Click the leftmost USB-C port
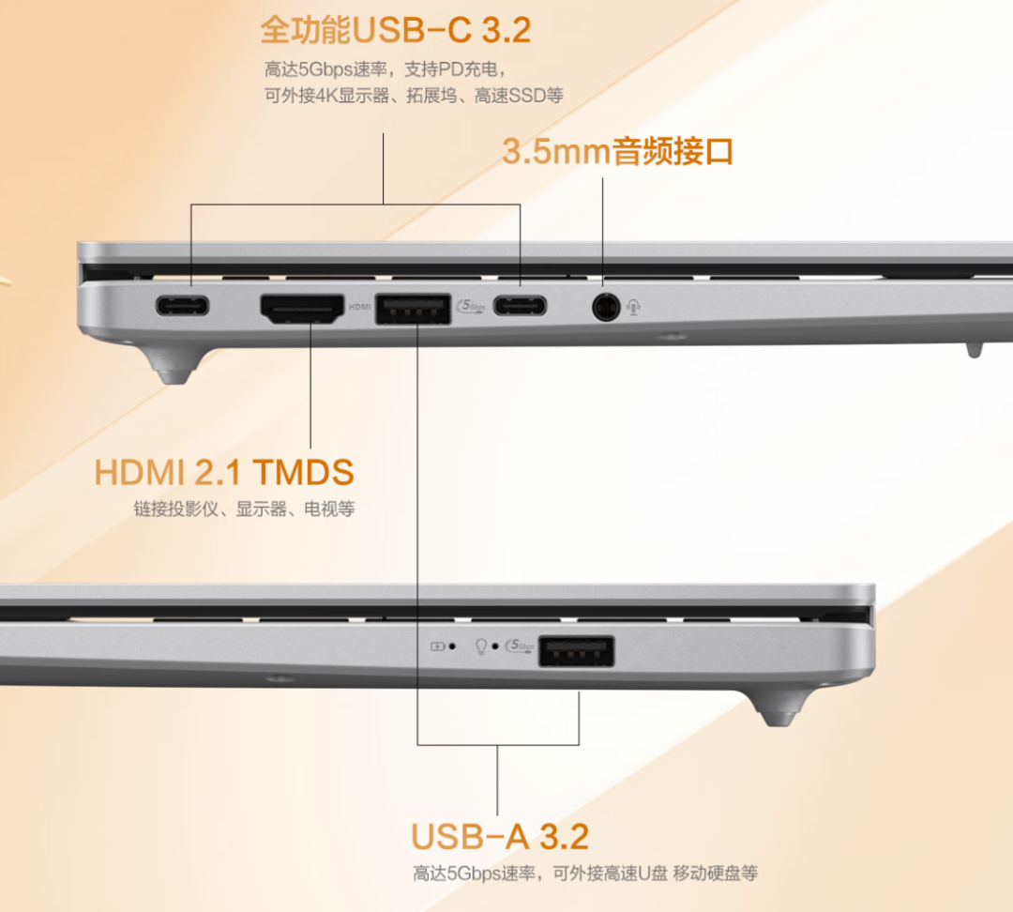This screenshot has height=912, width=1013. [182, 305]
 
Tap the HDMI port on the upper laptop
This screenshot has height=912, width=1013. [302, 309]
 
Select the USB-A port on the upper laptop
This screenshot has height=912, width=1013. [413, 309]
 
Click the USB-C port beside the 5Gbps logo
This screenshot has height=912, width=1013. [520, 305]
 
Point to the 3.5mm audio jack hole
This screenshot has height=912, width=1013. [605, 307]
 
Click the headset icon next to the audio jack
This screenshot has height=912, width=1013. [634, 307]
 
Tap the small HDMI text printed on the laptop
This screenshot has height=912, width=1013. [360, 307]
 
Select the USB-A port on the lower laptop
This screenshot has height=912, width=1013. [576, 650]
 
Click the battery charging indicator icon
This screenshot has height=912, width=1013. [437, 646]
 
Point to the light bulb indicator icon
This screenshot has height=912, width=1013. [480, 646]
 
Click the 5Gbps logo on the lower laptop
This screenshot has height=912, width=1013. [520, 645]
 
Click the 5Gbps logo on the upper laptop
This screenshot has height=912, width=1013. [471, 306]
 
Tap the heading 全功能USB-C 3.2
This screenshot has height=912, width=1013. [396, 30]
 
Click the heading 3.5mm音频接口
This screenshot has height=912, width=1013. [617, 151]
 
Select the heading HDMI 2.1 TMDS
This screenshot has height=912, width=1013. [224, 472]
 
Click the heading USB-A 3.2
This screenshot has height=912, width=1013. [500, 836]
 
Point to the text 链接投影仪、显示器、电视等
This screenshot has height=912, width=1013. [244, 509]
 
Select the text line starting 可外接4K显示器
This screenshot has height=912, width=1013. [414, 96]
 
